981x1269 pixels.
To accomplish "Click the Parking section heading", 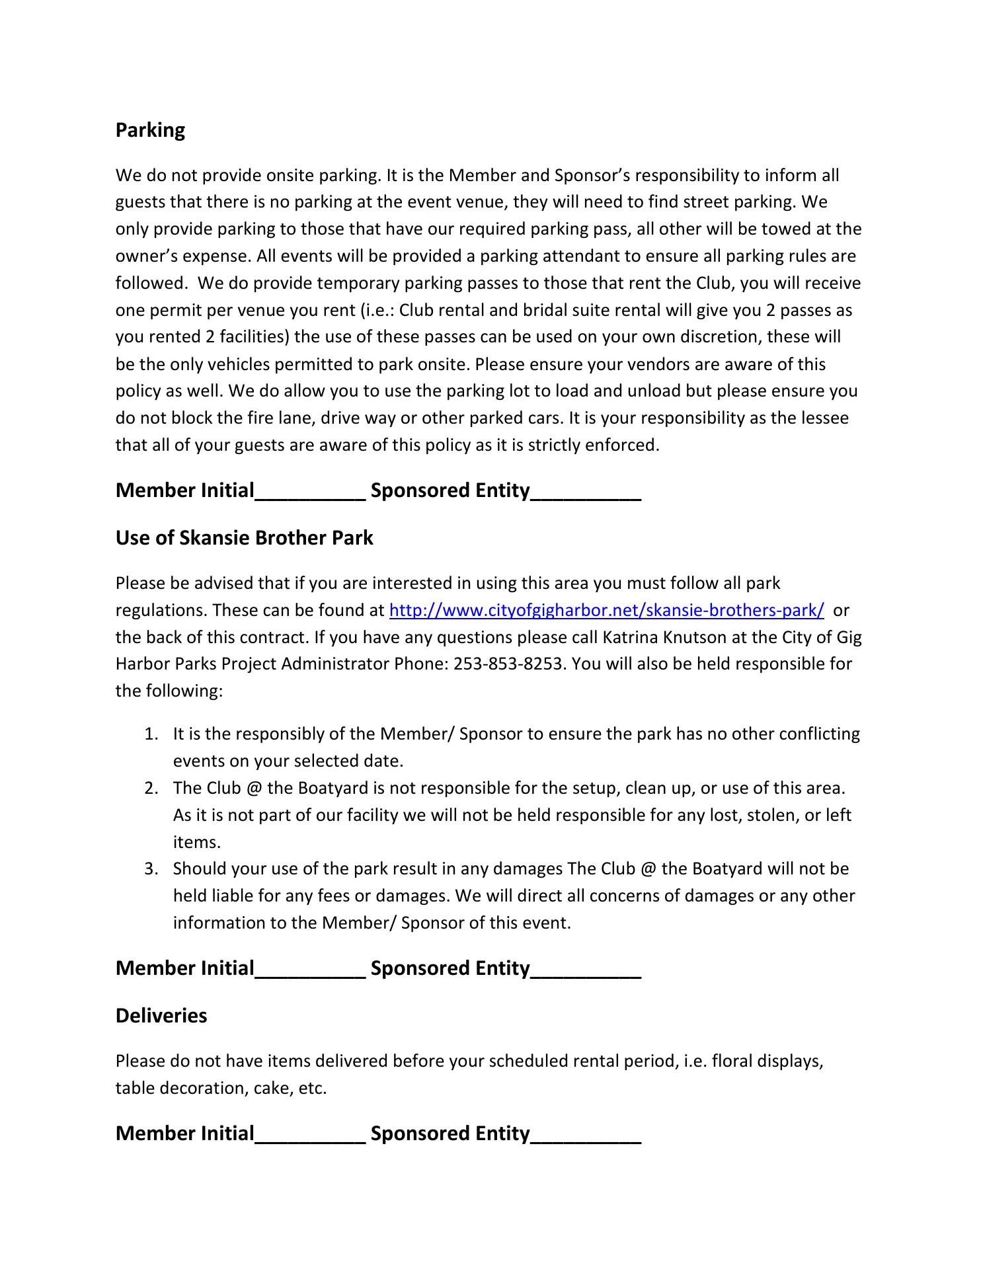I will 150,130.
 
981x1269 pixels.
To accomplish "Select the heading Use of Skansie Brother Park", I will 244,538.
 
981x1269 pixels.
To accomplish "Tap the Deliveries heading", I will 161,1015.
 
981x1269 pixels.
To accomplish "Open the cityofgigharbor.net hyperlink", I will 606,610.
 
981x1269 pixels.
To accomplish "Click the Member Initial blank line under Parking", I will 310,492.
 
